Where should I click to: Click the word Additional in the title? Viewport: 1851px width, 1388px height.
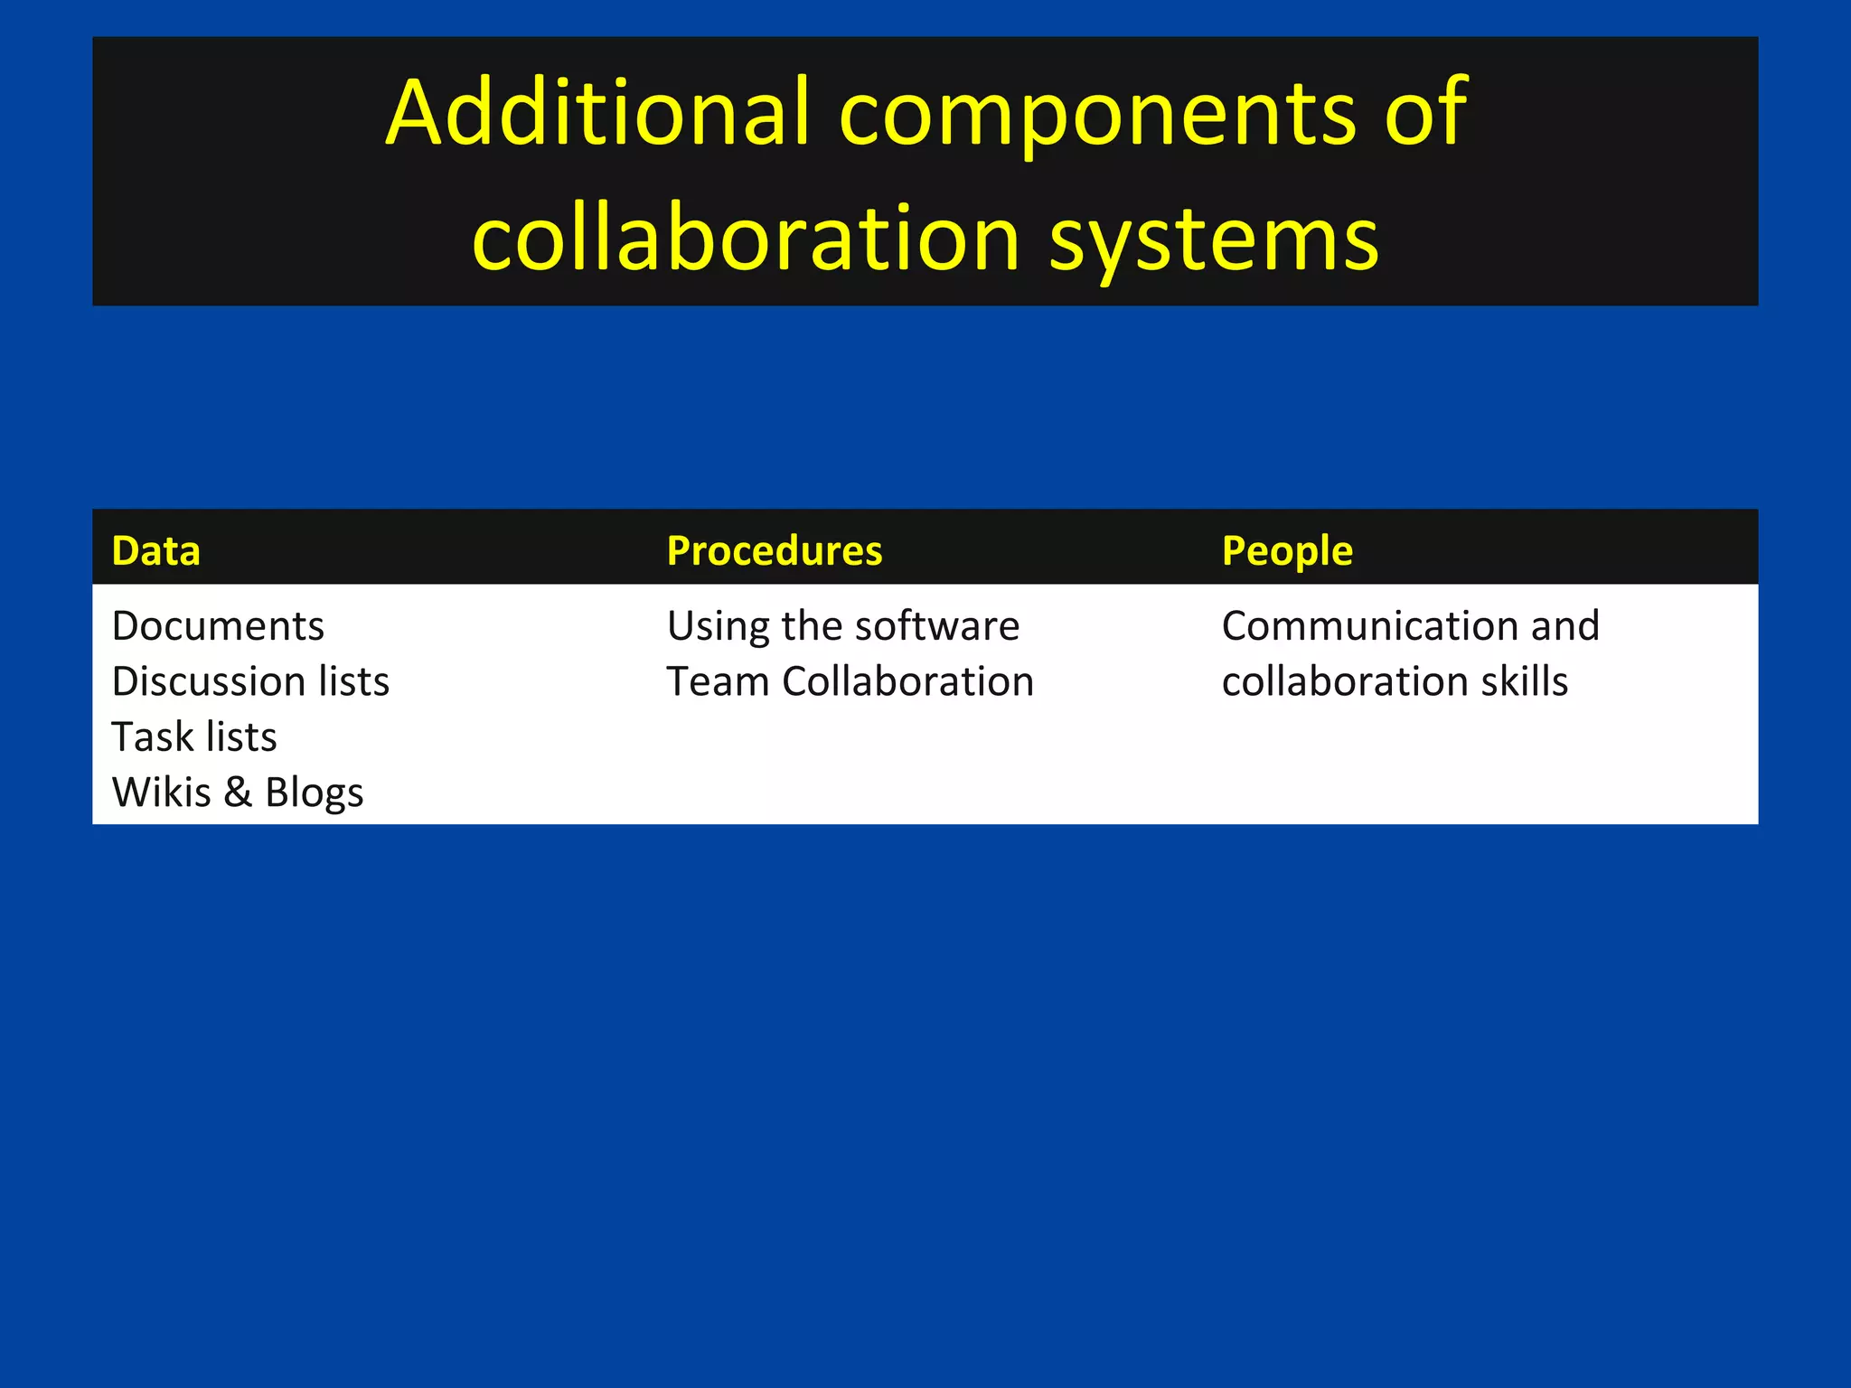click(597, 112)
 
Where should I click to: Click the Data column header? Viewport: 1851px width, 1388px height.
click(155, 550)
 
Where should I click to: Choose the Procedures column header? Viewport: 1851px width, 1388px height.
click(774, 550)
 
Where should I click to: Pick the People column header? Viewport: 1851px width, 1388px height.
click(1287, 550)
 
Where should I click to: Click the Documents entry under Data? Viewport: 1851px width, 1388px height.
click(218, 626)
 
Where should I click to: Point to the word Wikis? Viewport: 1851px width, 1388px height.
click(161, 792)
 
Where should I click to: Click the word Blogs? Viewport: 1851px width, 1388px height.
click(314, 793)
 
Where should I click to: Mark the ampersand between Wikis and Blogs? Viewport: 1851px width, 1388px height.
click(238, 792)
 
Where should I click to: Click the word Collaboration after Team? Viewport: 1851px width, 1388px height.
click(907, 681)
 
